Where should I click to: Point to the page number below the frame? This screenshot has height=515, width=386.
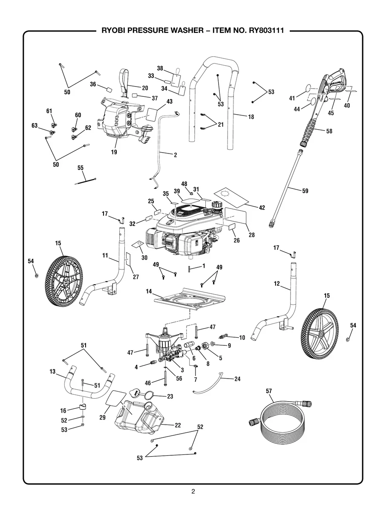click(x=193, y=492)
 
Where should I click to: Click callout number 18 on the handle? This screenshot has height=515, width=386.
click(x=251, y=116)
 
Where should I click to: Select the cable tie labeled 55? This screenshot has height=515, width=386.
click(x=86, y=181)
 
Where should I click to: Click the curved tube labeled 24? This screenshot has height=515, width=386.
click(x=209, y=382)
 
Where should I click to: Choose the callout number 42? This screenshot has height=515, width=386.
click(x=262, y=208)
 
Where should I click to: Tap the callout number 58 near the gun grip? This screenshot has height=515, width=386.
click(x=329, y=131)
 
